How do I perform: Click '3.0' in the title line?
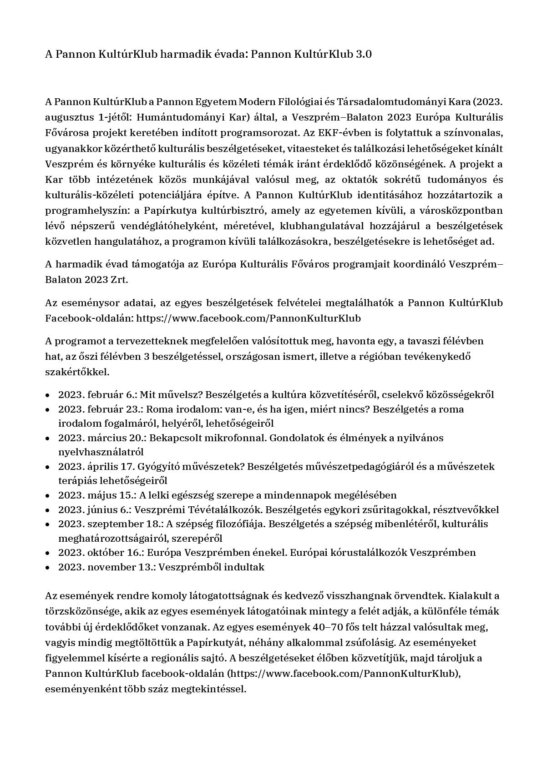pyautogui.click(x=364, y=54)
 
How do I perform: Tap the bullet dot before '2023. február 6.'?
pyautogui.click(x=48, y=395)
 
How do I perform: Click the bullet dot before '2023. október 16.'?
pyautogui.click(x=48, y=553)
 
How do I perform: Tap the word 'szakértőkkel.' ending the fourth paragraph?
pyautogui.click(x=77, y=372)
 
